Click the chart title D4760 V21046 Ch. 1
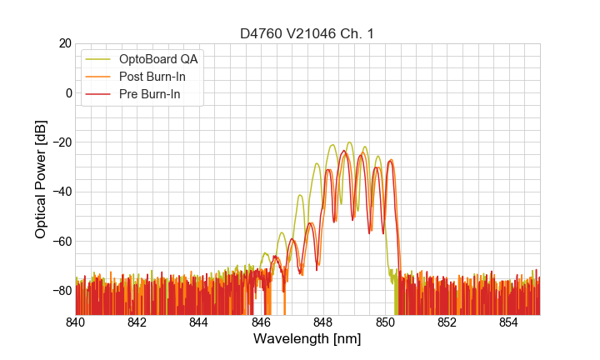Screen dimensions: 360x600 (307, 33)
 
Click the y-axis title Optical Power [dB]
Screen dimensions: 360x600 (41, 179)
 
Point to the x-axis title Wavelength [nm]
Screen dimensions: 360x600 (307, 340)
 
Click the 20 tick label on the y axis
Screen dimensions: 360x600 (63, 43)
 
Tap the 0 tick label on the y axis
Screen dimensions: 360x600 (68, 92)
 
